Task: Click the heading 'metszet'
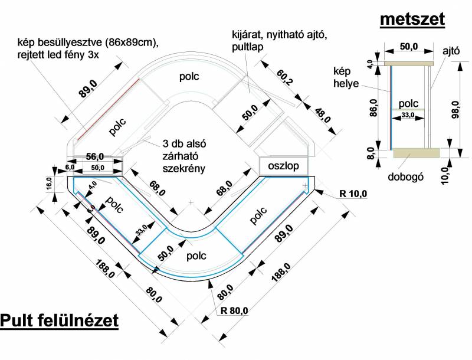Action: click(x=412, y=19)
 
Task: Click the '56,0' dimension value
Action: click(x=94, y=156)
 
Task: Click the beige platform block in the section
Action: click(x=417, y=152)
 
